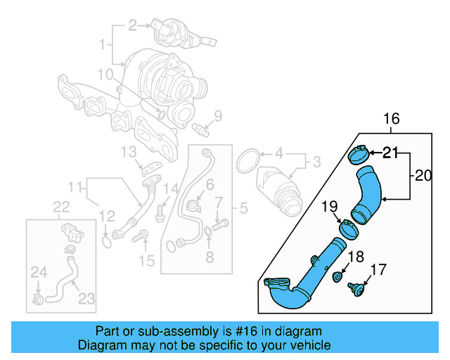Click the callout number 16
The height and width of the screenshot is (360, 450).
click(x=391, y=119)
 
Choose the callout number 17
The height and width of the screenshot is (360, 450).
click(x=378, y=269)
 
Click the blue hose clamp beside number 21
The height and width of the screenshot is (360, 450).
click(x=359, y=153)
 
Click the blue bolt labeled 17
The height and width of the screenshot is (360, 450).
click(x=357, y=288)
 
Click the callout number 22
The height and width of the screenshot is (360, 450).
click(x=62, y=206)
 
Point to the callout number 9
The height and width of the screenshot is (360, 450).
click(x=217, y=115)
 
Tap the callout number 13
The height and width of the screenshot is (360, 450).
click(x=127, y=152)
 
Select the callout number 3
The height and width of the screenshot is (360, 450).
click(x=316, y=162)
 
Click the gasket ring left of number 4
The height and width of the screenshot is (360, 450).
click(x=246, y=161)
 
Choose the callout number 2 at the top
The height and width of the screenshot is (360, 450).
click(x=132, y=26)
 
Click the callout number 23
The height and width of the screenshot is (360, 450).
click(x=86, y=298)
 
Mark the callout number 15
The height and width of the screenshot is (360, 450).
click(x=146, y=262)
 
